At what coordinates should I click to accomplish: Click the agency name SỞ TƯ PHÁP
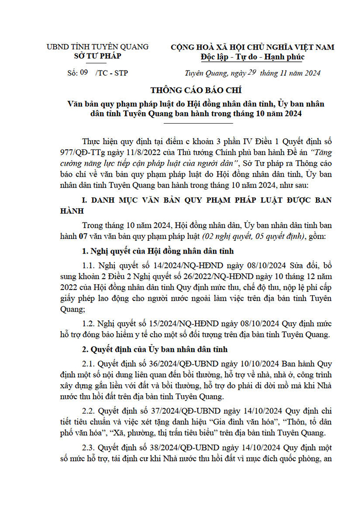coord(97,56)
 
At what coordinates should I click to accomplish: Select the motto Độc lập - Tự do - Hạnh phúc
coord(252,57)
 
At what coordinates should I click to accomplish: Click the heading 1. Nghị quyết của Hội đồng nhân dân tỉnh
coord(159,251)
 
